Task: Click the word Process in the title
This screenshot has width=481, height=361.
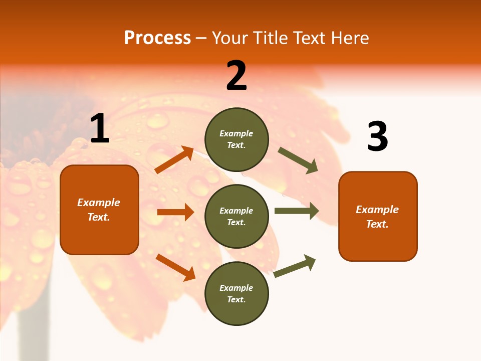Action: point(157,38)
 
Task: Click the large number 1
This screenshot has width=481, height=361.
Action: point(100,129)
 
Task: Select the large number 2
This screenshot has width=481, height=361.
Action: point(236,76)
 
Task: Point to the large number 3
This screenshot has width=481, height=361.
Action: point(377,136)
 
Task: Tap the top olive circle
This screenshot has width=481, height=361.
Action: point(236,139)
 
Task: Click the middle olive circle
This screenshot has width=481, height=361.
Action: point(236,216)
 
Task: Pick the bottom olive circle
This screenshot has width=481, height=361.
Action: point(236,293)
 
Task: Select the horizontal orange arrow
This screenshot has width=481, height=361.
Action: point(175,212)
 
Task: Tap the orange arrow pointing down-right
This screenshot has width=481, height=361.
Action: point(176,267)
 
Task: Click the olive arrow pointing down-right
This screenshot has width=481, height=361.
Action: point(298,160)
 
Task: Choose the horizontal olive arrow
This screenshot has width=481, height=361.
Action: point(297,211)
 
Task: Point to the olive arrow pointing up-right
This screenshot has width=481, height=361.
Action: point(295,266)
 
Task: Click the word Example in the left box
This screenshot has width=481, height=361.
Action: point(99,203)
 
